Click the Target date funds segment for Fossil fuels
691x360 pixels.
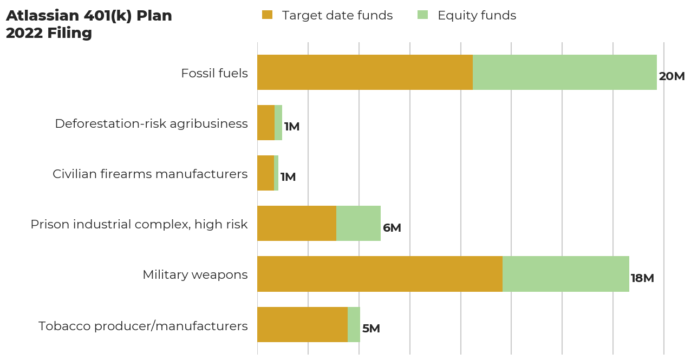coord(364,72)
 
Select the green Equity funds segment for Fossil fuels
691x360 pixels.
coord(564,72)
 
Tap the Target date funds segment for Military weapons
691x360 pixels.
coord(379,274)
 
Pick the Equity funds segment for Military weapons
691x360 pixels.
coord(565,274)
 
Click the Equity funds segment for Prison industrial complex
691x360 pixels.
coord(358,223)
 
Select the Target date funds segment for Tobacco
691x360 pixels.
coord(302,324)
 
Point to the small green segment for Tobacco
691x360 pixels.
coord(354,324)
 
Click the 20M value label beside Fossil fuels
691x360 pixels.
coord(672,76)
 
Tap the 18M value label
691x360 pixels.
coord(642,278)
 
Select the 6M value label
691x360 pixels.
coord(392,228)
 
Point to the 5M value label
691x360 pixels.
coord(371,329)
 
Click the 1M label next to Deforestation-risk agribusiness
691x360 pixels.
coord(291,127)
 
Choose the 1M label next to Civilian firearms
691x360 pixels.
coord(288,177)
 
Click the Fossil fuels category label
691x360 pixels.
coord(214,73)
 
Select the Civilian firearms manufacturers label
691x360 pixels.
coord(150,174)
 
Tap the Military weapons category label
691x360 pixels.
coord(195,274)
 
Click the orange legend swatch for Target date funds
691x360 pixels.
coord(267,15)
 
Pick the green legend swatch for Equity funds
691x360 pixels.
coord(422,15)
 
